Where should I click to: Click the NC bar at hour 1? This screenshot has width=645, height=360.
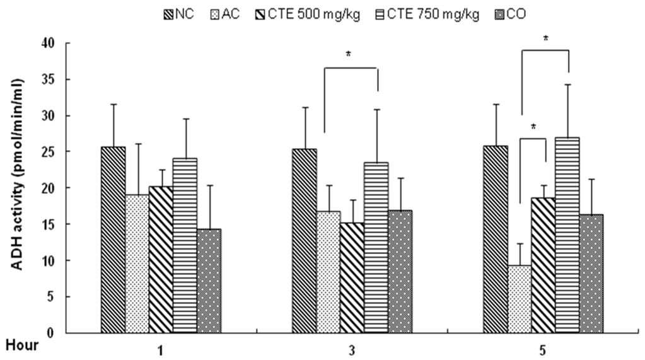coord(113,240)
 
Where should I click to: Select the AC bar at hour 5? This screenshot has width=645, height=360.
coord(520,299)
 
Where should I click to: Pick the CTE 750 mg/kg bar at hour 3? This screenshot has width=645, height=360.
coord(376,247)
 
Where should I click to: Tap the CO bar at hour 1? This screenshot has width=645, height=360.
coord(209,281)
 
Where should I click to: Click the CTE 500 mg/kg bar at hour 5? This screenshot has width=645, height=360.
coord(543,265)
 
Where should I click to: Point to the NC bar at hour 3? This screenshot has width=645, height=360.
coord(305,241)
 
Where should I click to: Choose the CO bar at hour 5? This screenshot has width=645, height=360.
coord(591,274)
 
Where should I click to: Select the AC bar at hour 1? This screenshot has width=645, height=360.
coord(137,264)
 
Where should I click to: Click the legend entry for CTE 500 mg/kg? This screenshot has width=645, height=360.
coord(308,15)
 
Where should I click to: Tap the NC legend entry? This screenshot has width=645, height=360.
coord(179,15)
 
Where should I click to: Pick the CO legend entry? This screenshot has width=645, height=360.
coord(510,15)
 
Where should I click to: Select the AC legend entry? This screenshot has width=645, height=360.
coord(225,15)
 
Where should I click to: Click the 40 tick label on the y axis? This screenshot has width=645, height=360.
coord(48,43)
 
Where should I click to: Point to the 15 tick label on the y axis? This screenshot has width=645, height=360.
coord(48,224)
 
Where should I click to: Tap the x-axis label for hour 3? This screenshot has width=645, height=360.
coord(352,351)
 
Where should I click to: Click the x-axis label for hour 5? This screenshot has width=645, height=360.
coord(543,351)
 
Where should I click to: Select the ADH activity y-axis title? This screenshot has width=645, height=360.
coord(17,174)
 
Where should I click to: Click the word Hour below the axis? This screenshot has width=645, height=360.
coord(22,345)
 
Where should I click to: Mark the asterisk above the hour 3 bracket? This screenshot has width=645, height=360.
coord(349,54)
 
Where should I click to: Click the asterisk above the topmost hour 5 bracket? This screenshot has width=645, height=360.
coord(546,39)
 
